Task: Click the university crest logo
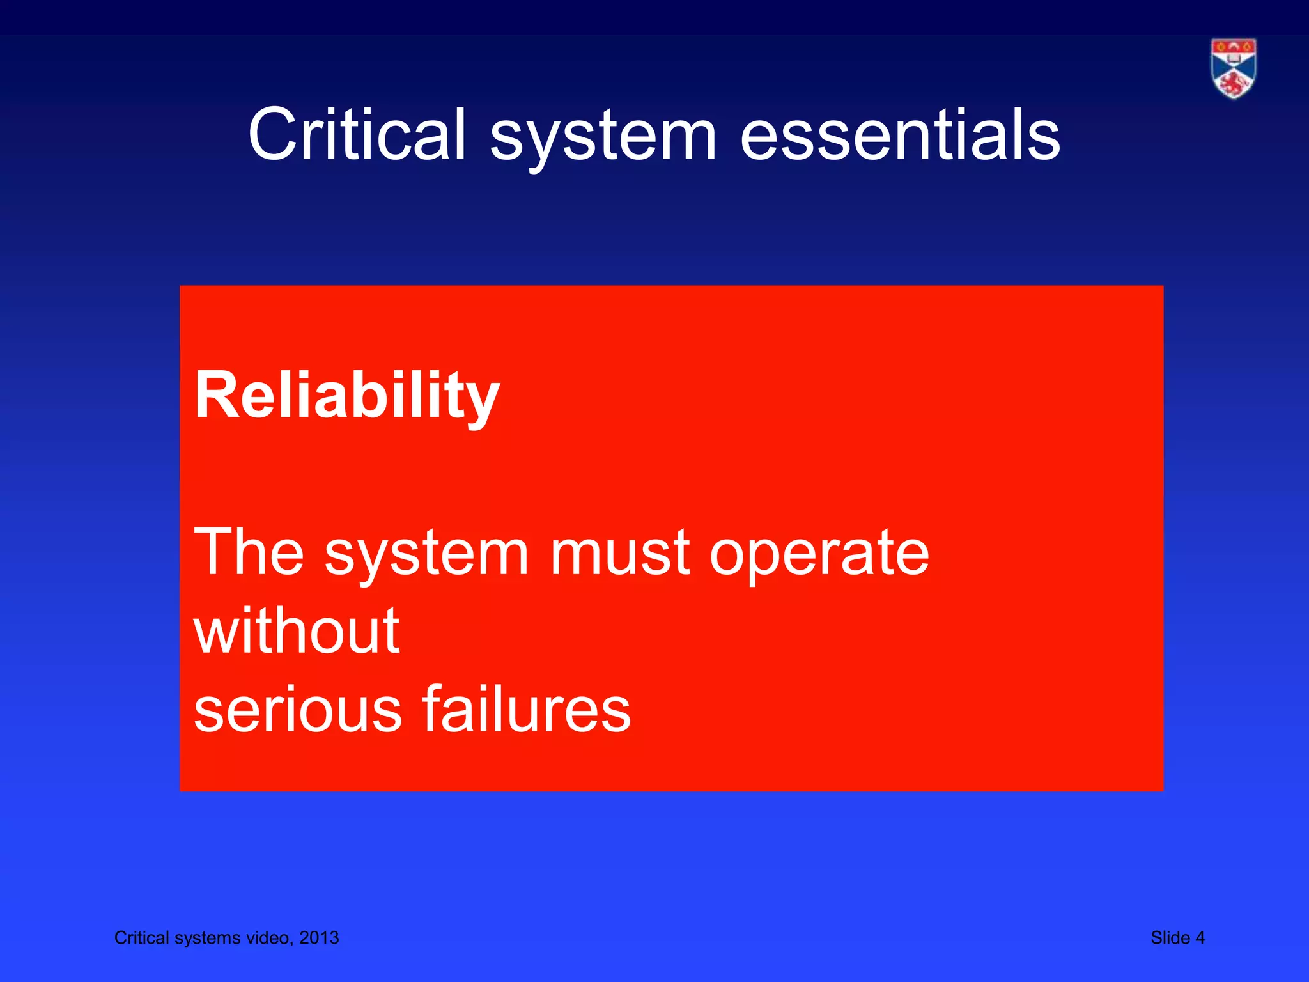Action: point(1233,68)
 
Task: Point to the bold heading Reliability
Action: point(346,396)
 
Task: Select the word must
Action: point(620,552)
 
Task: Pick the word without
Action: point(297,632)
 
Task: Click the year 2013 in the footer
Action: point(319,938)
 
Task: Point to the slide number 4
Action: point(1200,938)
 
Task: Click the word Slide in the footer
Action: point(1170,938)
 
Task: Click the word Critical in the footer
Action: point(141,938)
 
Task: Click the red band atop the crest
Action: point(1233,47)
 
